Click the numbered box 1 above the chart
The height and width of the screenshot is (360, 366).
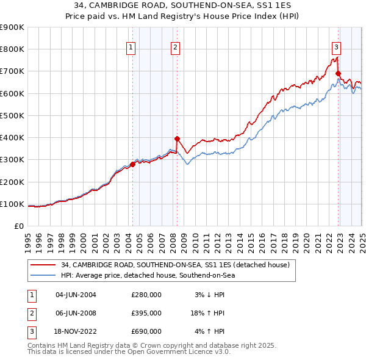click(132, 48)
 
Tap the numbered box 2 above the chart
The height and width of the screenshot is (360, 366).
click(176, 48)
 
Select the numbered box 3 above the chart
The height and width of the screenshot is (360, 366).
click(337, 48)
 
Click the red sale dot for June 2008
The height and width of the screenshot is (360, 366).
click(177, 139)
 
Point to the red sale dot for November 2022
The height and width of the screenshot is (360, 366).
click(338, 73)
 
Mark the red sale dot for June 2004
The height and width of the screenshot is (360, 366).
click(132, 164)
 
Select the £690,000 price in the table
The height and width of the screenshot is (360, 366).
click(146, 331)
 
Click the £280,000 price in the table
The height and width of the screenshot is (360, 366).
click(146, 295)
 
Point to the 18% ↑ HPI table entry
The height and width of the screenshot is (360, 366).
click(207, 313)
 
